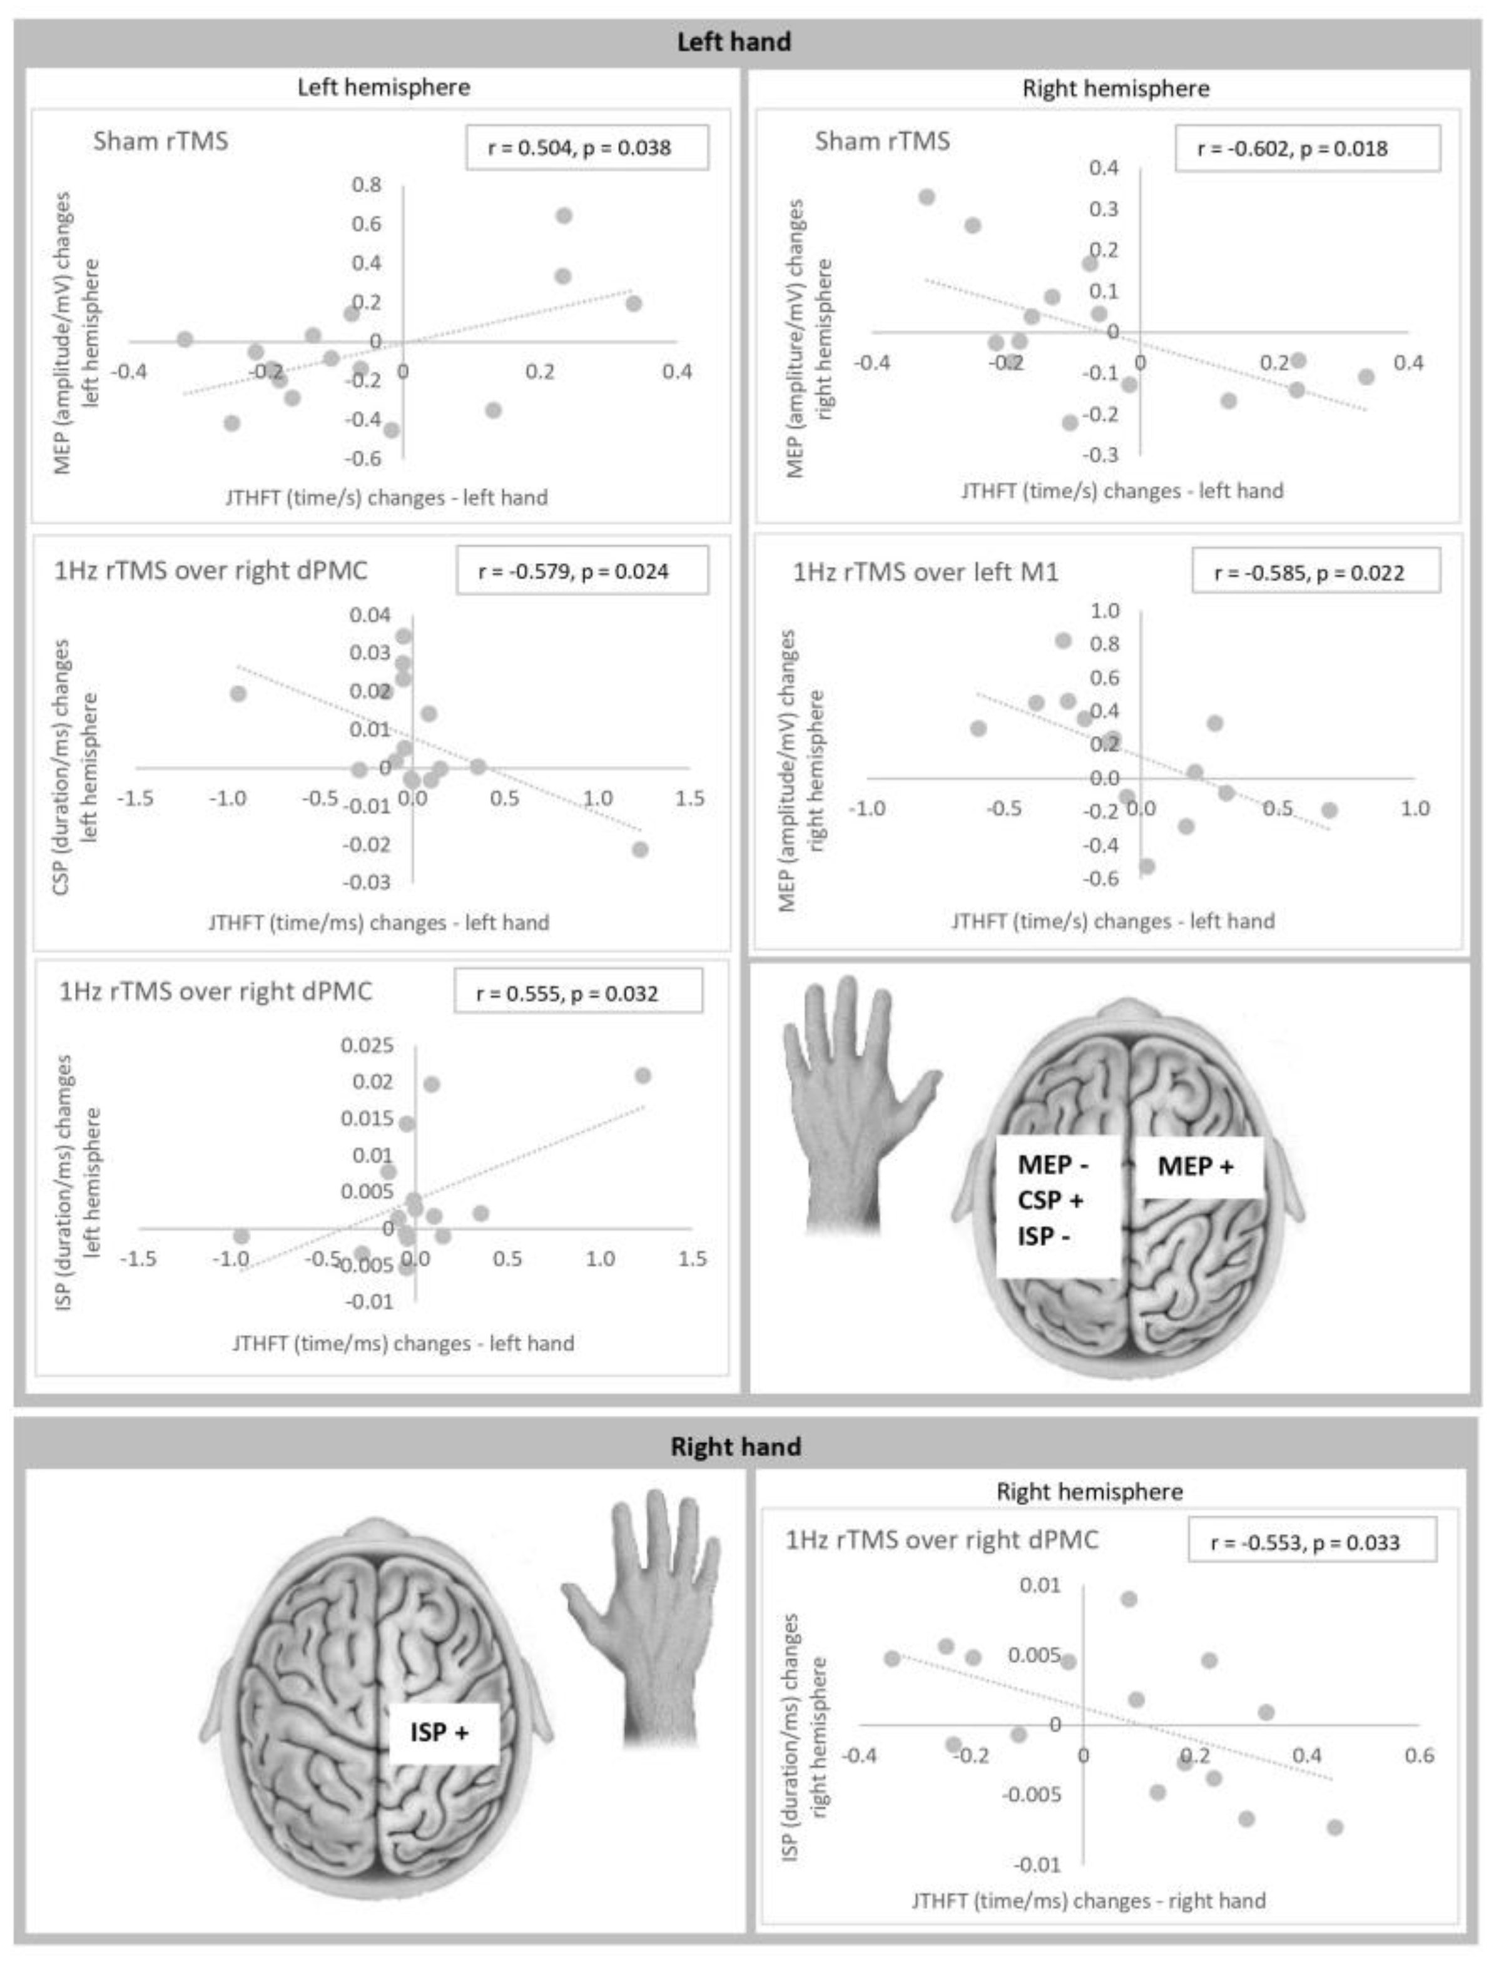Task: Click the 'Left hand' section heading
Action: coord(733,42)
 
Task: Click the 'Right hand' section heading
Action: coord(735,1446)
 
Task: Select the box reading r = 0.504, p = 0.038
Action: coord(586,147)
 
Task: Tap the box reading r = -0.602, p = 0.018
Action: coord(1306,148)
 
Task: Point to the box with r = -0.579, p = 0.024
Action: coord(582,571)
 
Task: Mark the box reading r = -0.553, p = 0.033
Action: coord(1311,1543)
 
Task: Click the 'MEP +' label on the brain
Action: coord(1195,1166)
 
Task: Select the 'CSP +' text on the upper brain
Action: coord(1050,1200)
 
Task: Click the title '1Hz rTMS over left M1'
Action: coord(925,572)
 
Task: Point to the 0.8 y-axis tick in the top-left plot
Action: coord(366,185)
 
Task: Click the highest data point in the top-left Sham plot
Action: coord(564,216)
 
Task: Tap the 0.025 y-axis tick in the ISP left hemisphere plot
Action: coord(367,1045)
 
